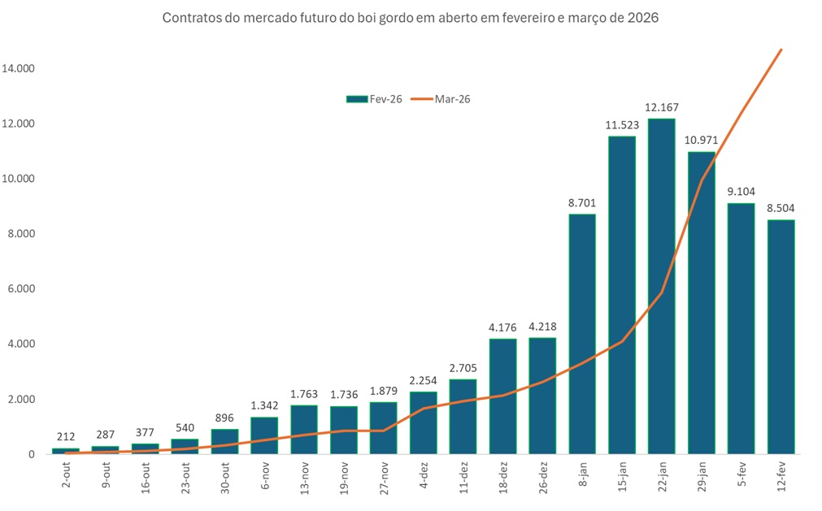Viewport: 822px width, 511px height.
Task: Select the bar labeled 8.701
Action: pos(582,334)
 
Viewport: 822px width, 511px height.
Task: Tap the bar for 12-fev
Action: pos(781,336)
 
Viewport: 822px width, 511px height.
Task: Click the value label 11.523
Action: pos(622,125)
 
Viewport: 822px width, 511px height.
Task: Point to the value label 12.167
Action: pos(661,107)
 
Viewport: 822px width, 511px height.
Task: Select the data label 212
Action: pos(66,437)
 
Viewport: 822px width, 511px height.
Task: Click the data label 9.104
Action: pos(741,192)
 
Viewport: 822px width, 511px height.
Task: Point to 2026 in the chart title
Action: pos(642,18)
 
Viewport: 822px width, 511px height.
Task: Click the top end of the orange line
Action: pos(781,50)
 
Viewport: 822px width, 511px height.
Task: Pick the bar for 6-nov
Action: pos(264,435)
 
